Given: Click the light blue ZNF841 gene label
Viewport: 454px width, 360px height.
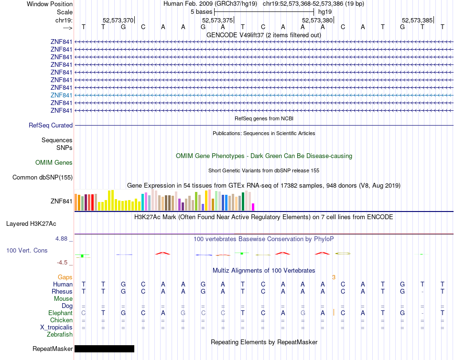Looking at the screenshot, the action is pos(61,95).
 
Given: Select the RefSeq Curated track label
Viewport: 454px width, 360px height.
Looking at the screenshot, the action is pos(51,125).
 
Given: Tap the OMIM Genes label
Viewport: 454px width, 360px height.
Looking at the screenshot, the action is pos(54,163).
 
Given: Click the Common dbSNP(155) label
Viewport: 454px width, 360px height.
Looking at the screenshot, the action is pos(43,178).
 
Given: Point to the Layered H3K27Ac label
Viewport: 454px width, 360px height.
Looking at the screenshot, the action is pos(31,224).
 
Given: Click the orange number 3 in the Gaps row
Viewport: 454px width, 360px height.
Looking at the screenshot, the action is pos(334,277).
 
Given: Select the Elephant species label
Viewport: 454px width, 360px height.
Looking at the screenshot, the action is pos(61,313).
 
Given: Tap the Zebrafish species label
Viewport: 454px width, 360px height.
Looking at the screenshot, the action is pos(60,335).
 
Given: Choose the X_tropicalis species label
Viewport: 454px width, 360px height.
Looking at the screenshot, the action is pos(56,328).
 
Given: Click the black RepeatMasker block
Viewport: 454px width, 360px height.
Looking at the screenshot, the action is pos(104,349).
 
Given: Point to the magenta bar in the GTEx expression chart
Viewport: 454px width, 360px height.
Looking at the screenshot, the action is pos(253,207).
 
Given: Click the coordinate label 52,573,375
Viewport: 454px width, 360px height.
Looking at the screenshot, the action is pos(217,20).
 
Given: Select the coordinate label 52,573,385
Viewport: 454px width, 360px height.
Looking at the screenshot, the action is pos(417,20).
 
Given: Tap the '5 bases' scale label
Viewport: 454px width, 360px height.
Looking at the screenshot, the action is pos(201,12).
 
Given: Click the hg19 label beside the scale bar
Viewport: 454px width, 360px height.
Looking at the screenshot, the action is pos(325,12).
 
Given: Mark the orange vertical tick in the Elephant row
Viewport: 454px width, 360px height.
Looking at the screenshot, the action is pos(334,313).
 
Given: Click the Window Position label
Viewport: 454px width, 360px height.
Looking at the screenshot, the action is pos(50,4).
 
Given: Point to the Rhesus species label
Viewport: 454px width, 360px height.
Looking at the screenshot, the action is pos(62,291).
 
